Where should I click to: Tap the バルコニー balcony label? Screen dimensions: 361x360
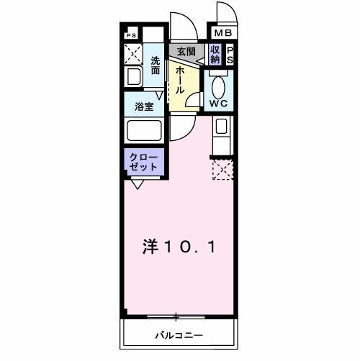point(179,336)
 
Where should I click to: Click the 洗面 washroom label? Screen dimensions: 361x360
point(156,65)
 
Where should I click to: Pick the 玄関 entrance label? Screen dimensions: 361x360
point(186,51)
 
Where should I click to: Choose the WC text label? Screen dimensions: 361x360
point(218,104)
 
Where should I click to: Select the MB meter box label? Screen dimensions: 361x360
point(221,33)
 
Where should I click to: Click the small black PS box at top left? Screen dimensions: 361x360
point(131,35)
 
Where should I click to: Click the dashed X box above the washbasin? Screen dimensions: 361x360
point(133,54)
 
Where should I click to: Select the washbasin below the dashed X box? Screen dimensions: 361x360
point(133,77)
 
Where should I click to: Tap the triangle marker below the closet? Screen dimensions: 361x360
point(136,184)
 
